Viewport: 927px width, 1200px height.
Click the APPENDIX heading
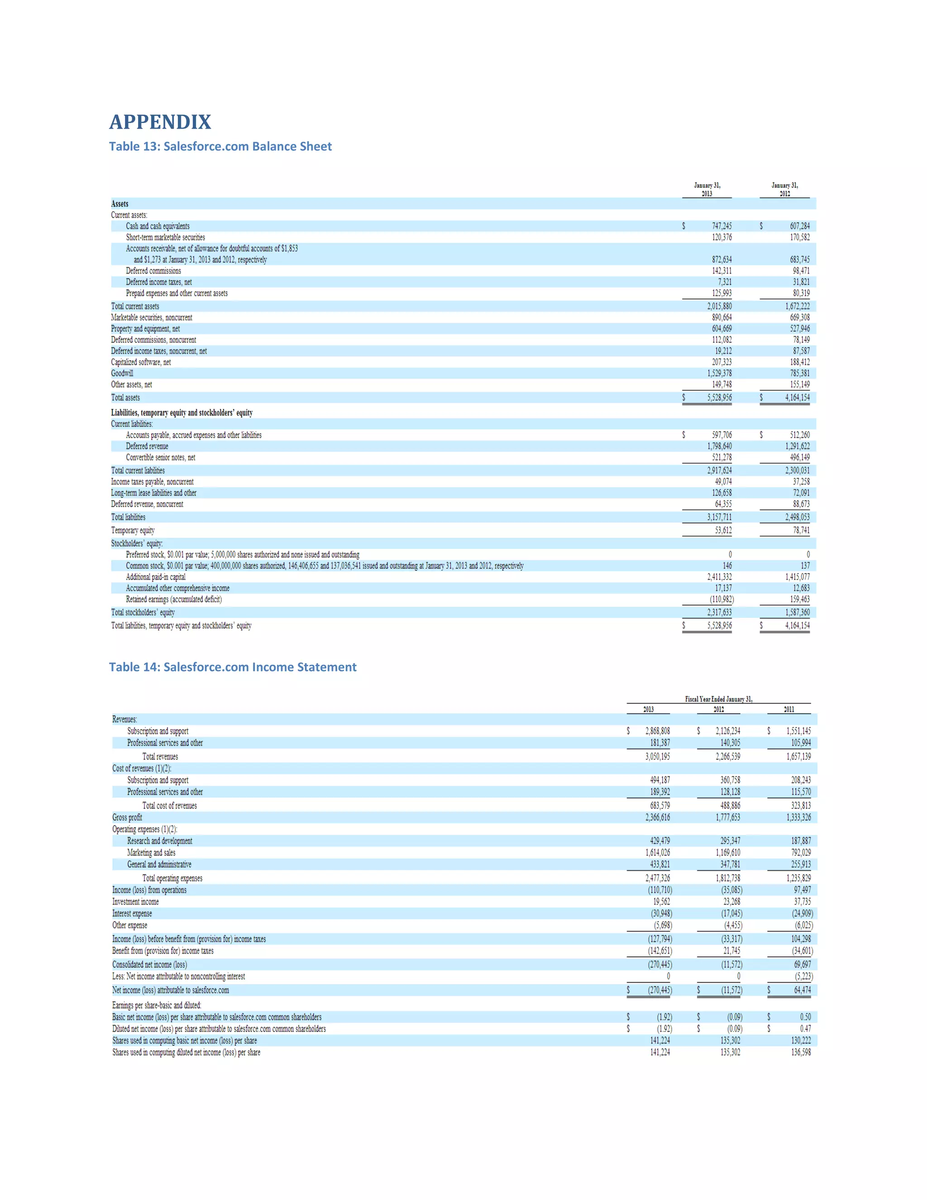pos(160,122)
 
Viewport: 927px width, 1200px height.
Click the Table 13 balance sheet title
pos(220,147)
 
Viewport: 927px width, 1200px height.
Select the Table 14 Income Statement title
pos(232,667)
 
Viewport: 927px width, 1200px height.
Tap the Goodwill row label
pos(122,374)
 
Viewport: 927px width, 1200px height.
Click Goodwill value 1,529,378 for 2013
pos(719,374)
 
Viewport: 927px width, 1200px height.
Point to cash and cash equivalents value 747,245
pos(722,226)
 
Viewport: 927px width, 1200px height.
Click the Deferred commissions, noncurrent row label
pos(153,340)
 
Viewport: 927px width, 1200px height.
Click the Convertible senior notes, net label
pos(160,458)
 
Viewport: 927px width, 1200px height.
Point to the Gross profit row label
pos(127,817)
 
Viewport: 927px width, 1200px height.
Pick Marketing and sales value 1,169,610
pos(728,853)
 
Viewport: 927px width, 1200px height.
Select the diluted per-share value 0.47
pos(805,1028)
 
